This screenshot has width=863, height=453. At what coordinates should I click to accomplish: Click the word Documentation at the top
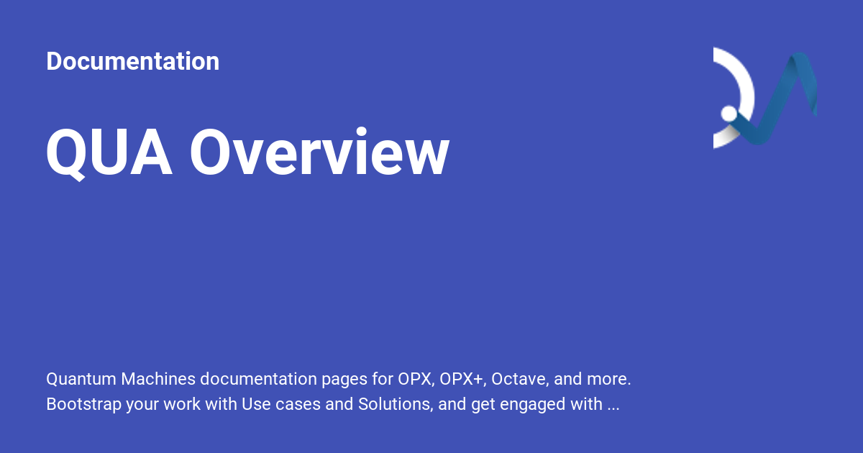(x=132, y=61)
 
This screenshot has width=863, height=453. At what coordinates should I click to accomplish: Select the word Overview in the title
(x=319, y=153)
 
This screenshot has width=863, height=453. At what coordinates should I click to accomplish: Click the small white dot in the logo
(x=729, y=114)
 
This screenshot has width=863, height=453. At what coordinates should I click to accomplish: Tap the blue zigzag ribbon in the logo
(x=784, y=101)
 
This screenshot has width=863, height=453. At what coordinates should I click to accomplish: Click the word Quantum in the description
(x=81, y=378)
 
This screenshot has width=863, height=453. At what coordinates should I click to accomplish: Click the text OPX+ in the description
(x=463, y=378)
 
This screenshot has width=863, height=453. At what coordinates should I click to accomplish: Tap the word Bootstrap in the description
(x=83, y=404)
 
